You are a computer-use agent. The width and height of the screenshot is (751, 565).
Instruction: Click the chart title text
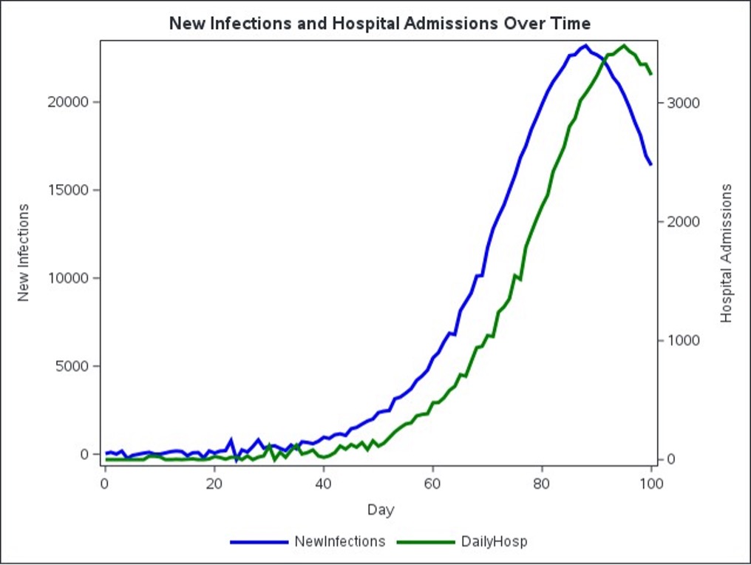click(x=379, y=23)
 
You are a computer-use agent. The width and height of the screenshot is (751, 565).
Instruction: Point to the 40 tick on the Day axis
click(x=323, y=484)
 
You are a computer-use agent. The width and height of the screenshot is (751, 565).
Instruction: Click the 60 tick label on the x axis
click(x=432, y=484)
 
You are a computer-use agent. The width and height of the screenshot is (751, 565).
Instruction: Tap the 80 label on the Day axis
click(x=542, y=484)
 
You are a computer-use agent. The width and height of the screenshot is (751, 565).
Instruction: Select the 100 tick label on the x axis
click(x=651, y=484)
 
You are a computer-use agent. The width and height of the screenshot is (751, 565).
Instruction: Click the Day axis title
click(x=380, y=510)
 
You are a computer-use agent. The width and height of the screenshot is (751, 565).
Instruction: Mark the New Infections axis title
click(x=24, y=252)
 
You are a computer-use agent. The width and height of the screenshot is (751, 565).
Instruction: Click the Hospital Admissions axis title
click(x=726, y=252)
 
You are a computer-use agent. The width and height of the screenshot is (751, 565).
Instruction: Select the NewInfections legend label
click(x=339, y=541)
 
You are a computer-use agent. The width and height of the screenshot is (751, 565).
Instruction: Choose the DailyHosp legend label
click(x=495, y=541)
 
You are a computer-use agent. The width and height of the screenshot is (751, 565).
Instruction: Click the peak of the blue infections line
click(x=585, y=46)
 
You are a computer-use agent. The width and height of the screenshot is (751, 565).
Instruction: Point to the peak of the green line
click(x=624, y=46)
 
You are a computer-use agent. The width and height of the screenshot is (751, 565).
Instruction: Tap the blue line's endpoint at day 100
click(x=651, y=164)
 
